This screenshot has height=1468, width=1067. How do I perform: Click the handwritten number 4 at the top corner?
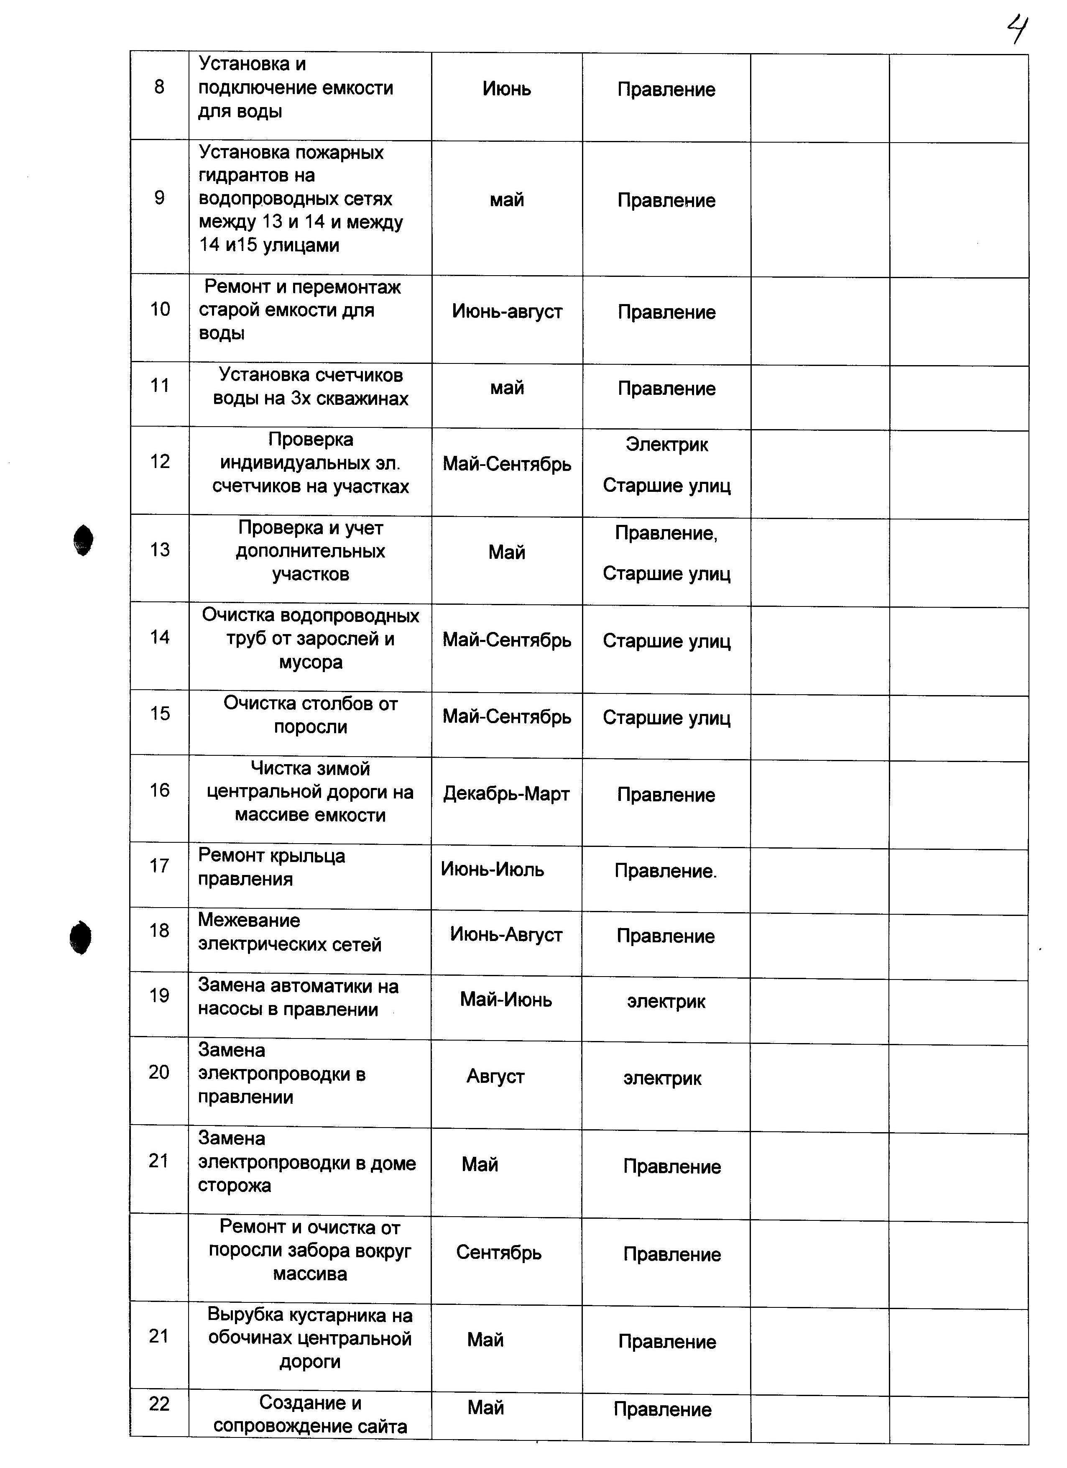coord(1018,31)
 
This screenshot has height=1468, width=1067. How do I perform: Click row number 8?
coord(159,87)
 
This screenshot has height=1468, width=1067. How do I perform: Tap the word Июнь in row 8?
coord(507,89)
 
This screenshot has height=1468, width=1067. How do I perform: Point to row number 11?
coord(159,386)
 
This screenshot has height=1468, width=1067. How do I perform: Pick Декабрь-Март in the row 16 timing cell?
coord(506,794)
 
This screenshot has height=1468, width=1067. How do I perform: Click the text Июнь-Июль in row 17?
coord(493,869)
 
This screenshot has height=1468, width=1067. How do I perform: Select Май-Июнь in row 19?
coord(506,1000)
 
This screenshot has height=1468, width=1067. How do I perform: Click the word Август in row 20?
coord(495,1077)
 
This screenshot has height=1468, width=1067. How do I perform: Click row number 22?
coord(159,1404)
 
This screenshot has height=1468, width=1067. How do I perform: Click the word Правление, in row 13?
coord(666,533)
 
